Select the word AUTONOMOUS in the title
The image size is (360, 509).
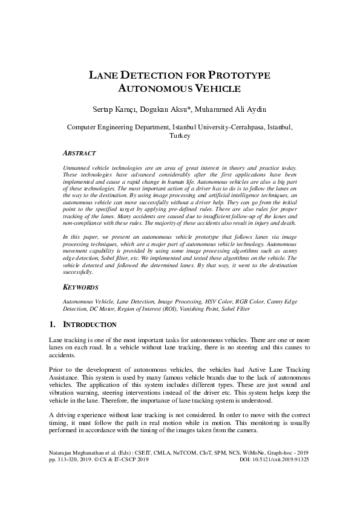click(154, 89)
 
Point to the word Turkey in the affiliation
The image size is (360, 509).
click(180, 136)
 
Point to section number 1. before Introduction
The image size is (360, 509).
click(53, 325)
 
